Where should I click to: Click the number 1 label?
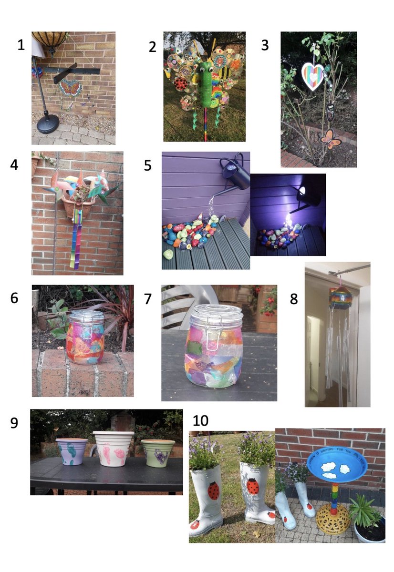(21, 45)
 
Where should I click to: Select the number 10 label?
(201, 420)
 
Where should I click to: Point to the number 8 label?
(294, 299)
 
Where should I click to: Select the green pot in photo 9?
(158, 453)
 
